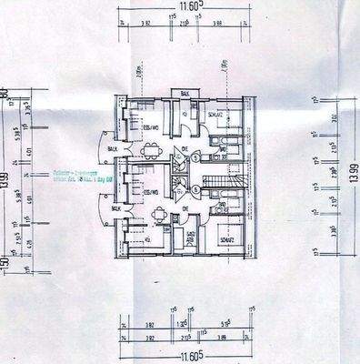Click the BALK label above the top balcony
(184, 94)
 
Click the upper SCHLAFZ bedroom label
(215, 116)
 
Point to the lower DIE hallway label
(185, 208)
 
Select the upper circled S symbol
(195, 157)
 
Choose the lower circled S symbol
(194, 189)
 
